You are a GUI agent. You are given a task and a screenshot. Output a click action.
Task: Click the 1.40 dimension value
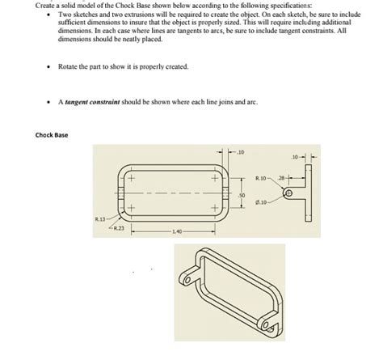(x=176, y=231)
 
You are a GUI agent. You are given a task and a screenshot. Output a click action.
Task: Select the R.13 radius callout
(x=97, y=218)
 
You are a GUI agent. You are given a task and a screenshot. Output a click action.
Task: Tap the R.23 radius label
(x=118, y=229)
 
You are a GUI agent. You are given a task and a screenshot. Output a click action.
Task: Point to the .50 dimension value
(x=241, y=195)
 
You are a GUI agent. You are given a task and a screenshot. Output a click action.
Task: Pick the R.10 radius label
(x=260, y=177)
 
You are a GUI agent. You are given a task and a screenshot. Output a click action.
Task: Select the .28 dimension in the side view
(x=281, y=177)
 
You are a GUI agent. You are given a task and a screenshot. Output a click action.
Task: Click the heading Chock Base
(x=52, y=134)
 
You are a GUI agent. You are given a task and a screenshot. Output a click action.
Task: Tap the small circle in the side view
(x=288, y=193)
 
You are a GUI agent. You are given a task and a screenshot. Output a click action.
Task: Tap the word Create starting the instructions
(x=47, y=5)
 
